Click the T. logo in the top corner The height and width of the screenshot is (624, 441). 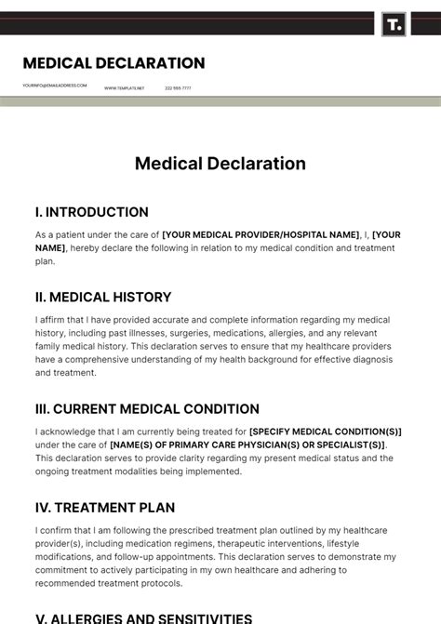[394, 24]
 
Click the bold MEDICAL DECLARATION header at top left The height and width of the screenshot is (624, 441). [114, 63]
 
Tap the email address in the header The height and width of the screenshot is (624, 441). [55, 86]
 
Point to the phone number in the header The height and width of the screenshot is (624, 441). [178, 88]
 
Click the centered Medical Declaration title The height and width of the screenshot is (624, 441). [220, 164]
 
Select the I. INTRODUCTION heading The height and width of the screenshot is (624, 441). [92, 212]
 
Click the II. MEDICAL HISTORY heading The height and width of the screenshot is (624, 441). [103, 298]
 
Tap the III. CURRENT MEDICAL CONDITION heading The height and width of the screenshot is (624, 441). [147, 409]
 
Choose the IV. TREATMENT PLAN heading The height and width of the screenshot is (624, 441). [105, 508]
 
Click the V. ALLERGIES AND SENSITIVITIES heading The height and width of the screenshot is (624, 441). [143, 617]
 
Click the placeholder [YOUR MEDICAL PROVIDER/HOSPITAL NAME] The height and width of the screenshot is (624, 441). [261, 235]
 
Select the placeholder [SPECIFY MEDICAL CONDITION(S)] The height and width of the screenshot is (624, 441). [326, 431]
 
